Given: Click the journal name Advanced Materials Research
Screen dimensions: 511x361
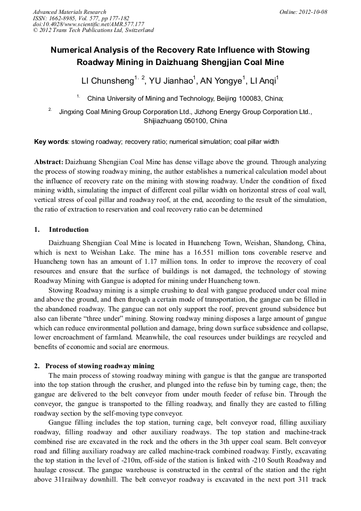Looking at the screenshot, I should click(69, 12).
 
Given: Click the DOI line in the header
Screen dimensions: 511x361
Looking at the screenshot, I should click(88, 24).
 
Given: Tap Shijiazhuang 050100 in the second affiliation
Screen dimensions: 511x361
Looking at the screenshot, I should click(185, 121).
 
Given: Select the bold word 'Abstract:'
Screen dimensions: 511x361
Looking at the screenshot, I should click(49, 161).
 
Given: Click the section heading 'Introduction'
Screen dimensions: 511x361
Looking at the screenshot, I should click(69, 230).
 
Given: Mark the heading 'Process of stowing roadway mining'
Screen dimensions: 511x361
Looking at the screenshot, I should click(100, 366).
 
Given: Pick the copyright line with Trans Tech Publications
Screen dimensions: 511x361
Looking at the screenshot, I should click(94, 30).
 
